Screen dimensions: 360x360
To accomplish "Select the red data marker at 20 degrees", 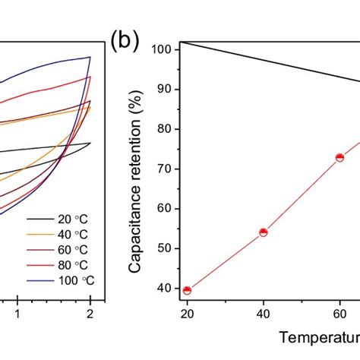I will tap(188, 290).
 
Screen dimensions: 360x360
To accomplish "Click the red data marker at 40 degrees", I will tap(264, 232).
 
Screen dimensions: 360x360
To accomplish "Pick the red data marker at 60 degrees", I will tap(339, 157).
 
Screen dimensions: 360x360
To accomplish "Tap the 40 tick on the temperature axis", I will tap(264, 313).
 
